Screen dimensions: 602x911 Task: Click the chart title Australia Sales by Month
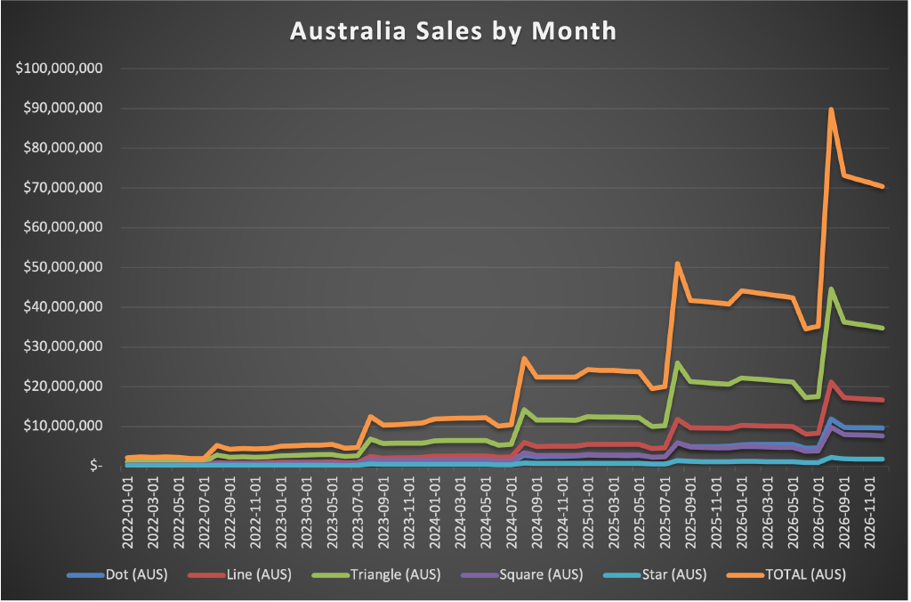click(454, 30)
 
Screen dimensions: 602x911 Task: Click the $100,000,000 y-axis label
click(60, 69)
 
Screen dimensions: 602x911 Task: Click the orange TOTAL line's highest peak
click(831, 110)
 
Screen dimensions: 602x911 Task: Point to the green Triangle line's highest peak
click(831, 289)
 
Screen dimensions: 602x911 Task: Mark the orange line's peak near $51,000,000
click(678, 264)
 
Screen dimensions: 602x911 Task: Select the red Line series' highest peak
click(831, 382)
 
